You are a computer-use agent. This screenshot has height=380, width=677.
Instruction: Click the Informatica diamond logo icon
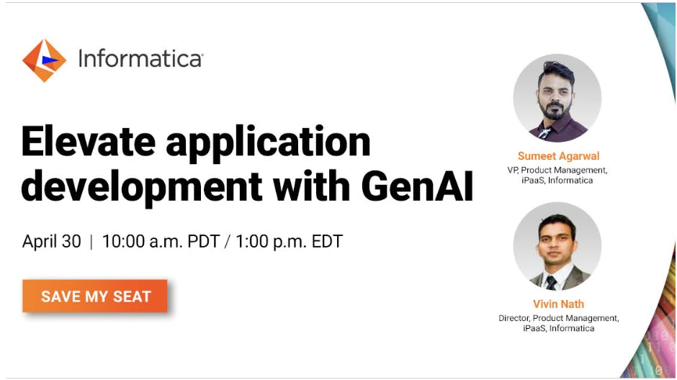[x=44, y=60]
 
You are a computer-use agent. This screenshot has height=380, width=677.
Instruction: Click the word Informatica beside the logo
[x=140, y=58]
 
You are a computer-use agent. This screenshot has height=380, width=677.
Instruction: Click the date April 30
[x=52, y=242]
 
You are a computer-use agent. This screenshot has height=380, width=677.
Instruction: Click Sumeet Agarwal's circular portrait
[x=557, y=99]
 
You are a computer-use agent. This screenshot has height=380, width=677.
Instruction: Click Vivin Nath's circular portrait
[x=557, y=246]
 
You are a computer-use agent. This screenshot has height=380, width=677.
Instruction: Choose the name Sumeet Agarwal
[x=558, y=156]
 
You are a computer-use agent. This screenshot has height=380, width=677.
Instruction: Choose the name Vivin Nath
[x=558, y=304]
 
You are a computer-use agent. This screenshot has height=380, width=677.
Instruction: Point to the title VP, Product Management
[x=558, y=170]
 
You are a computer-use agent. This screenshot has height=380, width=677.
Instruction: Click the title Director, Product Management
[x=558, y=317]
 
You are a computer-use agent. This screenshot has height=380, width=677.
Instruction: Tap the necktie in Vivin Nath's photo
[x=552, y=281]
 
